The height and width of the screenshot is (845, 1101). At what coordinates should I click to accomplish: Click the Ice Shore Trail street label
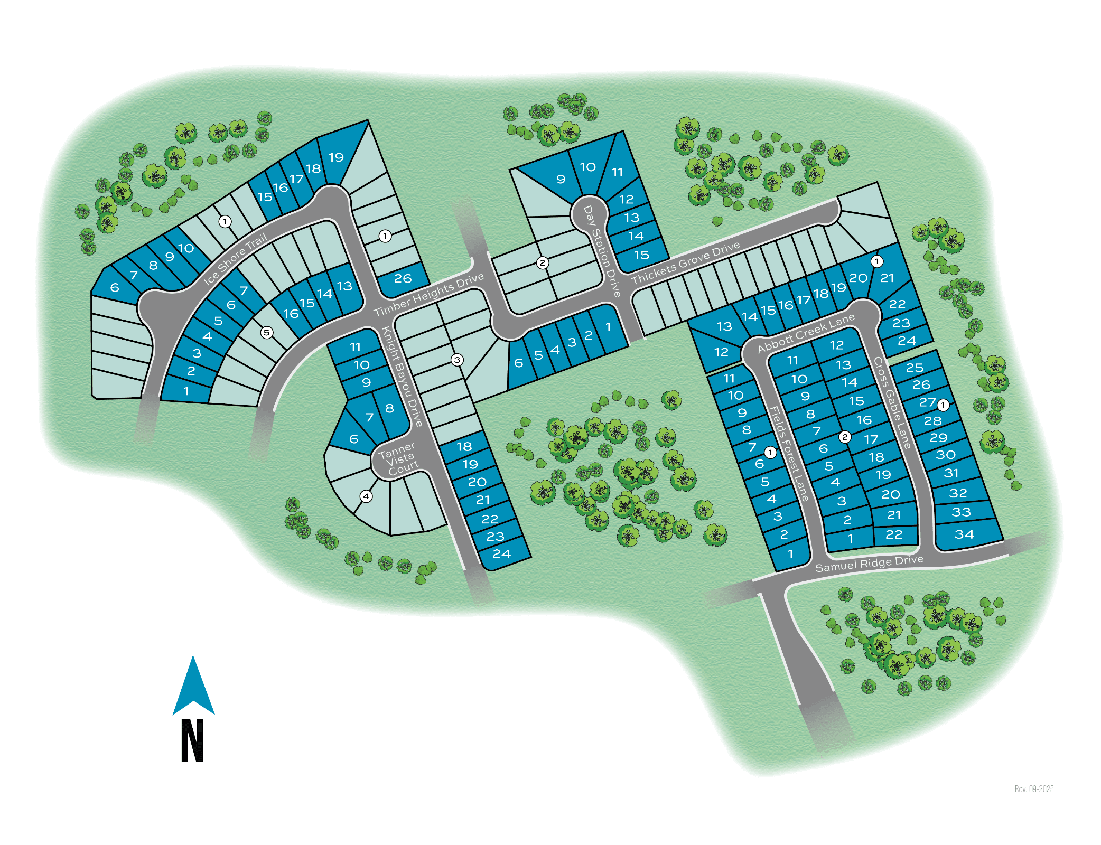pyautogui.click(x=235, y=259)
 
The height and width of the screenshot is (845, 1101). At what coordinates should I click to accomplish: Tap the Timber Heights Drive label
pyautogui.click(x=428, y=295)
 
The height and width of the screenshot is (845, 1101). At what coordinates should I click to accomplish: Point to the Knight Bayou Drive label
pyautogui.click(x=402, y=377)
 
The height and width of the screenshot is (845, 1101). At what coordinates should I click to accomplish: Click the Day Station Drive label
pyautogui.click(x=601, y=251)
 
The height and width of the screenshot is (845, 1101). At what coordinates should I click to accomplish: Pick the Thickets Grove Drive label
pyautogui.click(x=685, y=262)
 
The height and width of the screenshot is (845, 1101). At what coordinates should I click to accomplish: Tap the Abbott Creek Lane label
pyautogui.click(x=806, y=333)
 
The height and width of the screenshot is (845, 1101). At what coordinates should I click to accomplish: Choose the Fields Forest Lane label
pyautogui.click(x=788, y=453)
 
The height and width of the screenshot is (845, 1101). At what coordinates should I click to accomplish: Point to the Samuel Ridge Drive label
pyautogui.click(x=869, y=564)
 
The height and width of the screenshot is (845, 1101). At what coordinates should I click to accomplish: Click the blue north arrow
pyautogui.click(x=193, y=686)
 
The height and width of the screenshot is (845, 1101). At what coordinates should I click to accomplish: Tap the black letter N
pyautogui.click(x=192, y=740)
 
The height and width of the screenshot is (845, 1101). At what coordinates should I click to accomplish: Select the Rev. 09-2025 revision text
pyautogui.click(x=1034, y=789)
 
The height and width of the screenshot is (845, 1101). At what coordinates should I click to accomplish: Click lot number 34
pyautogui.click(x=964, y=534)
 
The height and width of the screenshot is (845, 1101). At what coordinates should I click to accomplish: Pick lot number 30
pyautogui.click(x=945, y=455)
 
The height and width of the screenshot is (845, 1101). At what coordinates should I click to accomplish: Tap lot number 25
pyautogui.click(x=915, y=367)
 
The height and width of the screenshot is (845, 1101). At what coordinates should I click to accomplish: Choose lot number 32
pyautogui.click(x=958, y=493)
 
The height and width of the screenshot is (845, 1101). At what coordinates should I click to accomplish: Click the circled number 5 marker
pyautogui.click(x=267, y=332)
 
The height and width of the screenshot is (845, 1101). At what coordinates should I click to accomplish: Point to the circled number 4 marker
pyautogui.click(x=366, y=496)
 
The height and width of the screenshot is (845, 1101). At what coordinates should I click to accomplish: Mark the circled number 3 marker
pyautogui.click(x=457, y=360)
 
